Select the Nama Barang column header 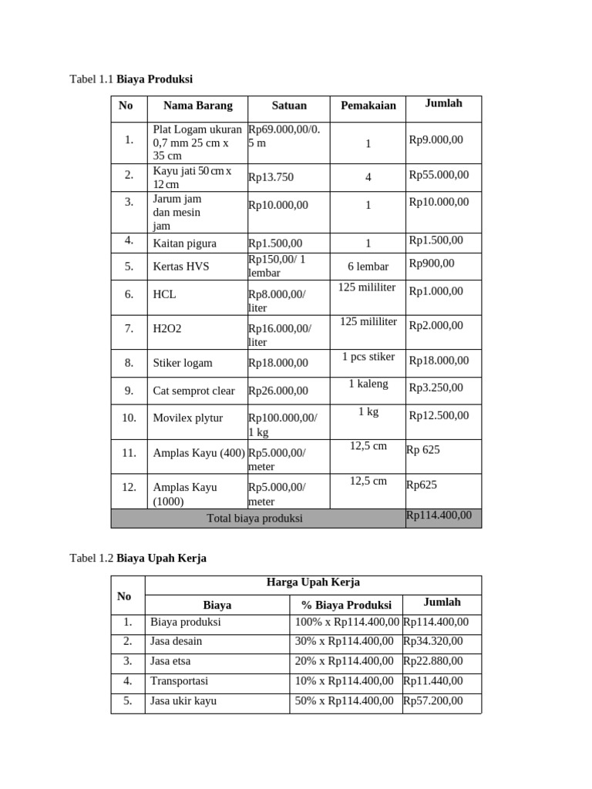197,106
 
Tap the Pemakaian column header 368,106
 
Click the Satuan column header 289,106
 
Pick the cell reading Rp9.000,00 436,139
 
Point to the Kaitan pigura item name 184,243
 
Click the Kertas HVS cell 181,267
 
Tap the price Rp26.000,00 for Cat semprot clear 278,391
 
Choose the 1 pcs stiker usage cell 368,357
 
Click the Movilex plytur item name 188,418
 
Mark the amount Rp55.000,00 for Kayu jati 439,175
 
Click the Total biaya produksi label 255,519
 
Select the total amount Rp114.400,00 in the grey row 439,515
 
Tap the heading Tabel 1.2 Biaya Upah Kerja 138,558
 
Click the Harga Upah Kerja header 313,583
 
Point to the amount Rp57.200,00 433,701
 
